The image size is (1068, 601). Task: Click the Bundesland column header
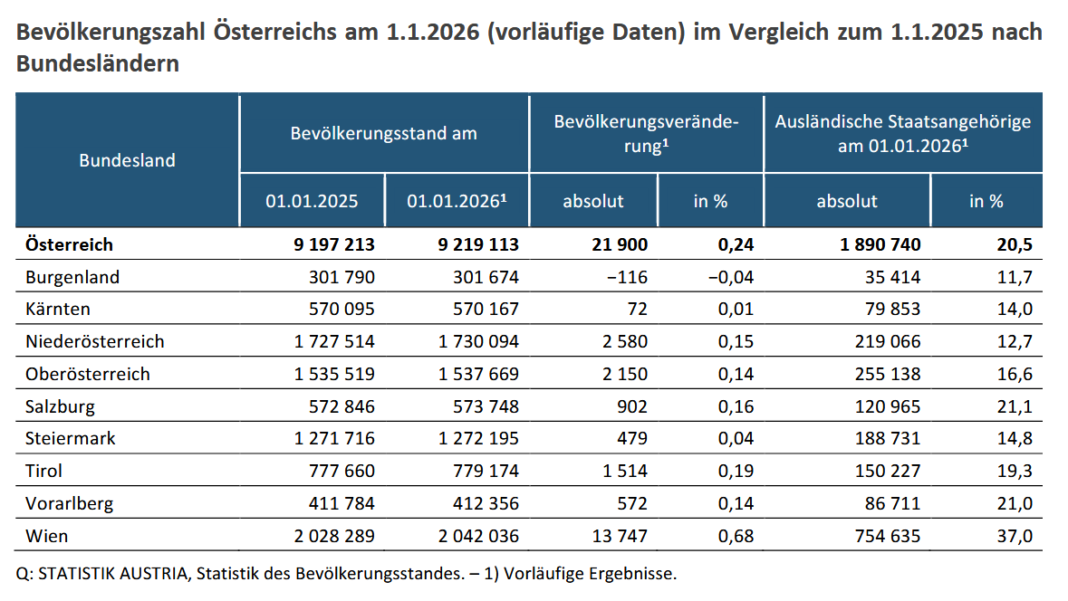click(127, 160)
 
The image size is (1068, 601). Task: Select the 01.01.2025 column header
click(312, 201)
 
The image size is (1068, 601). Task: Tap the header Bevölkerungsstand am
click(383, 133)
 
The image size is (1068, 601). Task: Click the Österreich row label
click(70, 244)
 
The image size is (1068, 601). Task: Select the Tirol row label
click(44, 471)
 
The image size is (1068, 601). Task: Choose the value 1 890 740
click(869, 244)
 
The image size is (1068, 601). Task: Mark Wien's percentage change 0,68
click(736, 536)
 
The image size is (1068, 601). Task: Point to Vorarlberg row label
click(71, 503)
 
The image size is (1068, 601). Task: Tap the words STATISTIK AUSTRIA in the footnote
click(105, 574)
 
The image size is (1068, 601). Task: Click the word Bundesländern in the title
click(97, 65)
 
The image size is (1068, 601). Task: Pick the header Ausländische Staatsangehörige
click(903, 121)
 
